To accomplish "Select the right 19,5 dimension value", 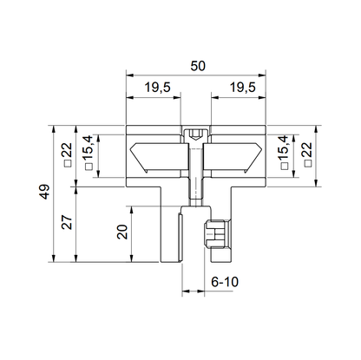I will pyautogui.click(x=242, y=87).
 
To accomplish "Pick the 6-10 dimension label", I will pyautogui.click(x=225, y=283).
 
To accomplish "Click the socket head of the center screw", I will pyautogui.click(x=197, y=135).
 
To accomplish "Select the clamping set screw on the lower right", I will pyautogui.click(x=217, y=236).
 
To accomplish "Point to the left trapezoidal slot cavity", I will pyautogui.click(x=157, y=159).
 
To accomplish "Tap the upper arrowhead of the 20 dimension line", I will pyautogui.click(x=129, y=208).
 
